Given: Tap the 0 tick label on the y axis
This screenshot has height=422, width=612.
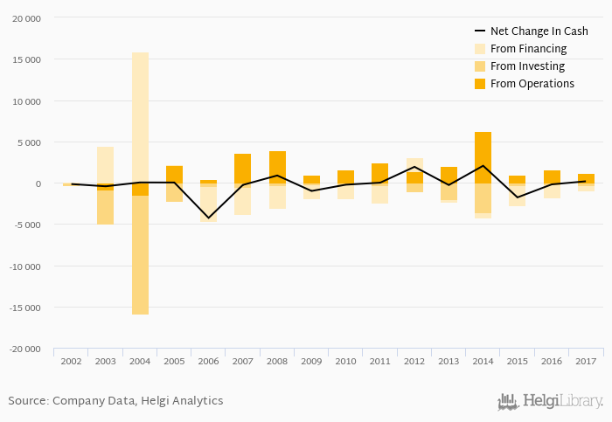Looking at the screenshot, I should (38, 183).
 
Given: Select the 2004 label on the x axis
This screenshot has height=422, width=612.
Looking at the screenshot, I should (140, 361).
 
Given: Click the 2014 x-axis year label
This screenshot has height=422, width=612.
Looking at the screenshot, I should (483, 361).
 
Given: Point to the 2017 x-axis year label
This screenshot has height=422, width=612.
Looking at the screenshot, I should (586, 361).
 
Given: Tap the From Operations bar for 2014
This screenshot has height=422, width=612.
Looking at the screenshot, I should (483, 157).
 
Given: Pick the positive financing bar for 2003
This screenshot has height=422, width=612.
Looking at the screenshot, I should (106, 165).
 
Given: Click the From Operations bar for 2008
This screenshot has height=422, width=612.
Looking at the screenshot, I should (277, 167).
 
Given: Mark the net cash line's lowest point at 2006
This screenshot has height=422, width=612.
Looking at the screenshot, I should (208, 218).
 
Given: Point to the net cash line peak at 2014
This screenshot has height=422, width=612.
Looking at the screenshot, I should (483, 166).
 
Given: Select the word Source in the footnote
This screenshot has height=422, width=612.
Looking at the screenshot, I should (27, 401).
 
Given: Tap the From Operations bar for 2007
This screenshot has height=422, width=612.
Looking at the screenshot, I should (242, 169).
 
